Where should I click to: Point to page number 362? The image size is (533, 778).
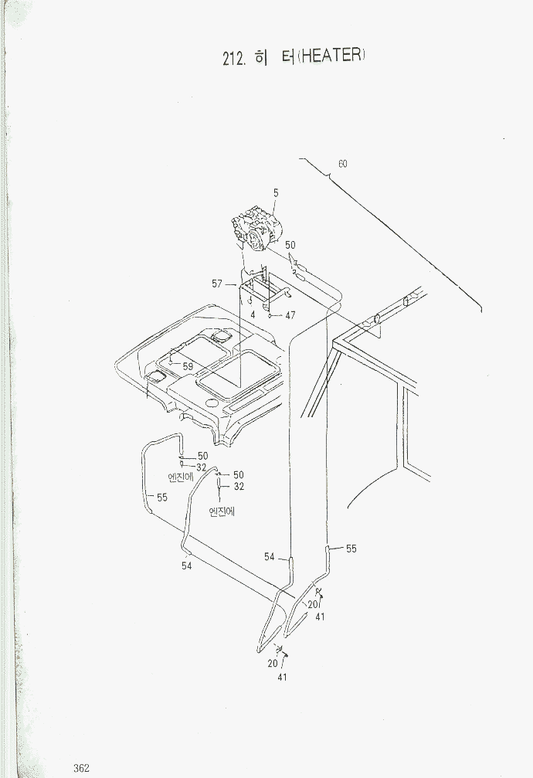click(81, 769)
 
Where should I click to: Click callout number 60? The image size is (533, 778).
click(342, 164)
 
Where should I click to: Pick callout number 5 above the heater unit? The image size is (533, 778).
click(276, 193)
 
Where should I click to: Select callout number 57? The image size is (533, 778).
click(217, 284)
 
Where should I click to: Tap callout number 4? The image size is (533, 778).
click(253, 314)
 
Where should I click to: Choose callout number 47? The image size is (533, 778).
click(290, 315)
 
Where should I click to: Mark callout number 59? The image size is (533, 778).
click(188, 367)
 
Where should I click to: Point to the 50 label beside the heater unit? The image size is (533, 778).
click(290, 245)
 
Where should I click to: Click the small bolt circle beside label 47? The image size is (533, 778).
click(270, 315)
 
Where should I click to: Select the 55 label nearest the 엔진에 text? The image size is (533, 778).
click(162, 498)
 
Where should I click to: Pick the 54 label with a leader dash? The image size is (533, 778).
click(270, 557)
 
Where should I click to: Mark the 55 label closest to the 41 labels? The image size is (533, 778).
click(351, 549)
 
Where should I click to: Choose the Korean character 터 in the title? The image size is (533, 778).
click(288, 56)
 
